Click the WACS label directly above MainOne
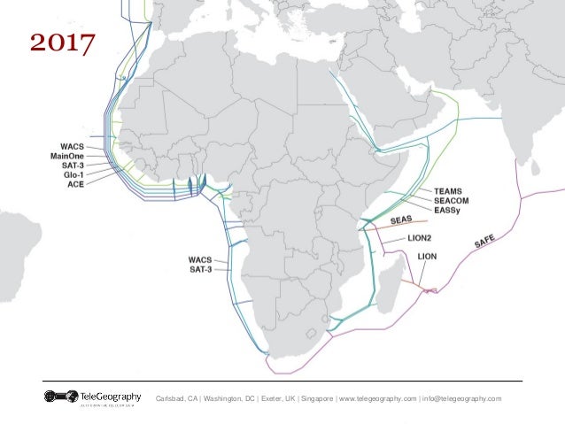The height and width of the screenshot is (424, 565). tap(72, 147)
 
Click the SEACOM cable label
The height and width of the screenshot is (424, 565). tap(453, 201)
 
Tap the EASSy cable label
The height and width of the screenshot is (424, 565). tap(450, 211)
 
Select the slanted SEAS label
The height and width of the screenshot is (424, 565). tap(403, 220)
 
